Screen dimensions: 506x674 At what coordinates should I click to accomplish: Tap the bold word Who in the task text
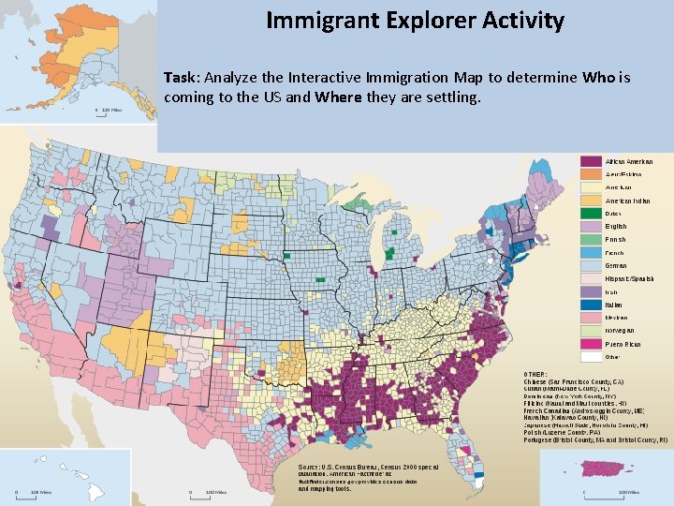coord(595,78)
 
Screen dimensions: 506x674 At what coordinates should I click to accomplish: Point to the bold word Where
coord(337,97)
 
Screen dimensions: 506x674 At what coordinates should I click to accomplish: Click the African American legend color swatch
coord(591,162)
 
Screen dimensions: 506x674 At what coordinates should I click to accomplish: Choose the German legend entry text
coord(617,266)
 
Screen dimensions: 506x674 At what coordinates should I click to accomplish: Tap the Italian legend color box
coord(591,305)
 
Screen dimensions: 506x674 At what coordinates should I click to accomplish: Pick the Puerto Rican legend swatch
coord(591,344)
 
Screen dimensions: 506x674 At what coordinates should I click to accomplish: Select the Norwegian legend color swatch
coord(591,331)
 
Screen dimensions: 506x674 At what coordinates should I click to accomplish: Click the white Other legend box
coord(591,357)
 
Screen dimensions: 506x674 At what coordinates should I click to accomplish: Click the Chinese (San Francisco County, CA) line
coord(586,382)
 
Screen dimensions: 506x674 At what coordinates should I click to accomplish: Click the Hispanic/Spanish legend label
coord(629,279)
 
